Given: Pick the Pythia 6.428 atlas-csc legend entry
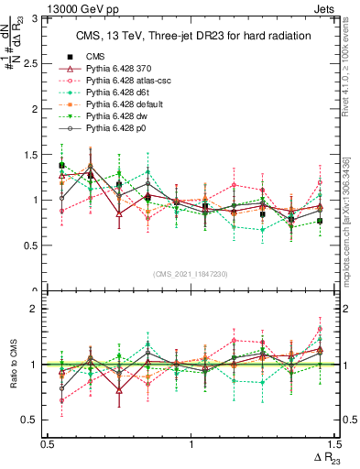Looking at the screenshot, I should click(x=129, y=81).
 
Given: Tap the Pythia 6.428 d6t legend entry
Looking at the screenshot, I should click(x=122, y=93).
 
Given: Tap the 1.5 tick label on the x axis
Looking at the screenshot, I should click(x=333, y=444).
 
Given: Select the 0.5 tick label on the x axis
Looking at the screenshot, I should click(x=48, y=444).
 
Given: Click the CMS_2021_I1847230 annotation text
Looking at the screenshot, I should click(x=191, y=274).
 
